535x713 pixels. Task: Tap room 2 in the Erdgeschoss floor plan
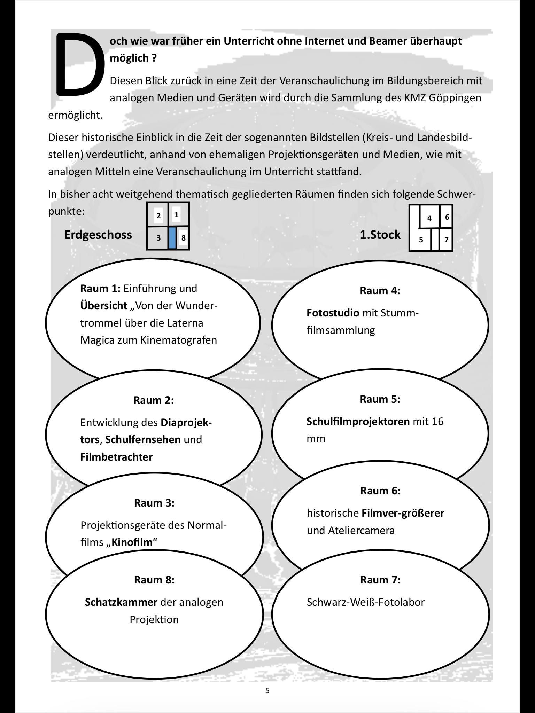click(x=158, y=216)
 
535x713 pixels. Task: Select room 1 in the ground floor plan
click(x=177, y=215)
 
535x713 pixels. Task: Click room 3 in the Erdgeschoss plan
click(x=158, y=238)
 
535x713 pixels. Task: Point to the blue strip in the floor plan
click(x=172, y=238)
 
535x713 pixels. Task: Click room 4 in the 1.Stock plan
click(x=429, y=218)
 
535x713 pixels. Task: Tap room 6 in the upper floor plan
click(x=447, y=217)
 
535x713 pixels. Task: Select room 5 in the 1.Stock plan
click(x=421, y=240)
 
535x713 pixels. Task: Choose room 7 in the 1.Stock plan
click(x=446, y=240)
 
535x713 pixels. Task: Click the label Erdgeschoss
click(x=98, y=235)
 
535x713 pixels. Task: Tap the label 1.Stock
click(x=380, y=235)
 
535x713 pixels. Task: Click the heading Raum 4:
click(x=380, y=291)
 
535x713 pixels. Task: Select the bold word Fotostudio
click(x=333, y=313)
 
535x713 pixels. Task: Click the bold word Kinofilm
click(x=132, y=542)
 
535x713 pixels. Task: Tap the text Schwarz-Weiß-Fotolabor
click(x=365, y=602)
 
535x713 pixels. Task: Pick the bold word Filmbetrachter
click(x=116, y=457)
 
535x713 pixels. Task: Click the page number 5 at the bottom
click(x=267, y=690)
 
